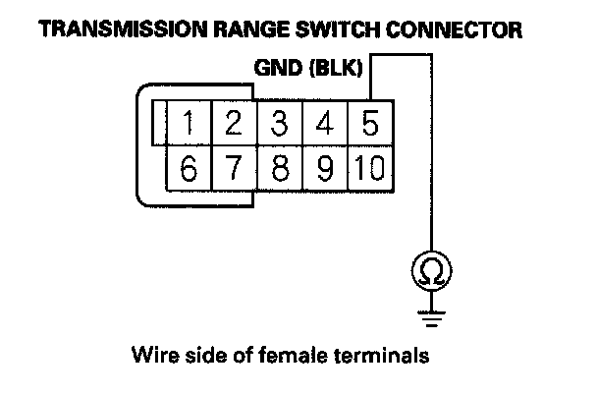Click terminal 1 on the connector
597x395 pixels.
pos(189,123)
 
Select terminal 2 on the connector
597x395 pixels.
pos(234,123)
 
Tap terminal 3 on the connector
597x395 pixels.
pos(280,123)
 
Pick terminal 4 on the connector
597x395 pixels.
pos(326,123)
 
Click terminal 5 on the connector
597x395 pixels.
pos(371,123)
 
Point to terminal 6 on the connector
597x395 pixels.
pos(189,168)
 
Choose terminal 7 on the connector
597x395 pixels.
pos(234,168)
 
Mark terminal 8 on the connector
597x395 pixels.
pos(280,168)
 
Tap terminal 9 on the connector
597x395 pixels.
pos(326,168)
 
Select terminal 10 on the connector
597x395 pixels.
pos(371,168)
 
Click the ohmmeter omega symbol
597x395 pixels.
pos(431,271)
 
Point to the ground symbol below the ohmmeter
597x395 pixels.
pos(431,319)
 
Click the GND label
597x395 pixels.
pos(278,68)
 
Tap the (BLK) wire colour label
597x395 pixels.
pos(336,68)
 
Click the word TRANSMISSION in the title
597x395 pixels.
pos(123,29)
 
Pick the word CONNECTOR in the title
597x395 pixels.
pos(454,29)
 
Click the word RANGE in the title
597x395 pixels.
pos(251,29)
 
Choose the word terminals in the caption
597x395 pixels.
pos(382,355)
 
